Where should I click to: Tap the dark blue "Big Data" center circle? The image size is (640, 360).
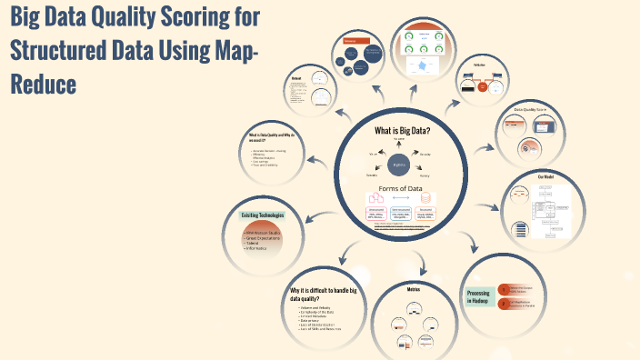point(398,165)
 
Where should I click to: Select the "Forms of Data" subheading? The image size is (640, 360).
point(399,189)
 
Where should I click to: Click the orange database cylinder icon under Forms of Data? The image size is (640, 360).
point(425,198)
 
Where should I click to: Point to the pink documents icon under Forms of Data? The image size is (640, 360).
point(375,198)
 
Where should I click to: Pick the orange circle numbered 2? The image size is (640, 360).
point(503,303)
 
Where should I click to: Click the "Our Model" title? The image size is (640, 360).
point(545,176)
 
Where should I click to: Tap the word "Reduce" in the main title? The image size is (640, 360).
point(41,85)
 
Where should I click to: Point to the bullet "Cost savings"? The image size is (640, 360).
point(263,161)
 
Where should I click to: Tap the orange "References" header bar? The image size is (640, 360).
point(350,41)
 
